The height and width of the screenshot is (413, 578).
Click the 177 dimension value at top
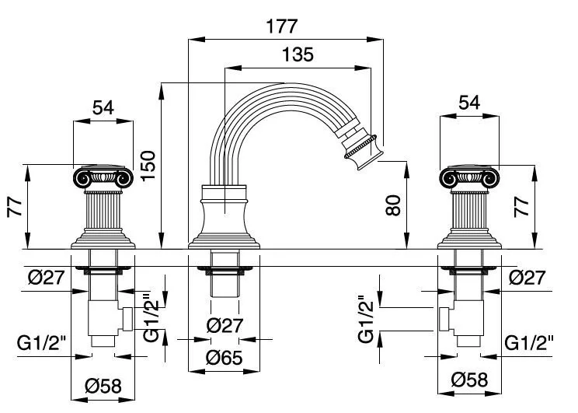tap(281, 26)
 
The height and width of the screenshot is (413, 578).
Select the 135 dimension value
tap(298, 55)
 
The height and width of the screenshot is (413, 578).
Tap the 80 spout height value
tap(395, 207)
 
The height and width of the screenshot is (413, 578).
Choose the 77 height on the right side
tap(523, 207)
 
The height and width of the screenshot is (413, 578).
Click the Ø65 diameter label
tap(224, 359)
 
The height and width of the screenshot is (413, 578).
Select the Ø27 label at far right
tap(528, 277)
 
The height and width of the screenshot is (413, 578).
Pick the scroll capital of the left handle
tap(104, 180)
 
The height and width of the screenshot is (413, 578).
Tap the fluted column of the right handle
tap(468, 211)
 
